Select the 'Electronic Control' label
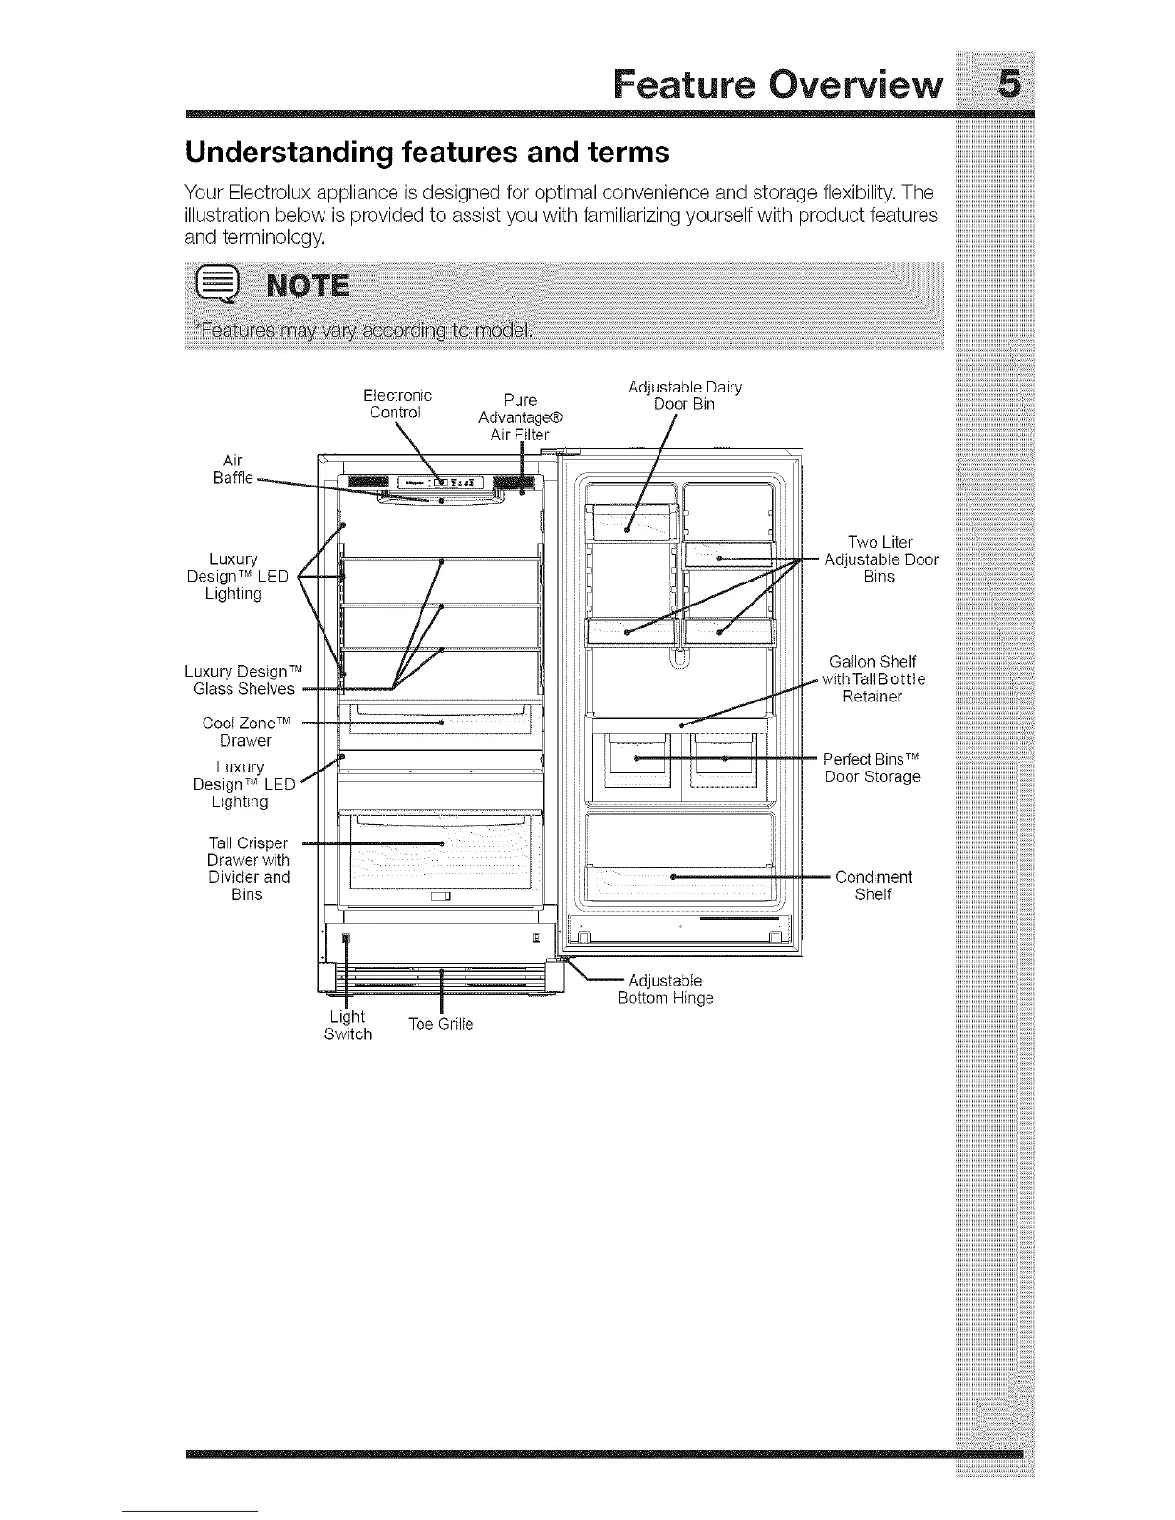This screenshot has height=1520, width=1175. click(x=397, y=404)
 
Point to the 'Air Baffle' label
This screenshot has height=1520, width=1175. click(x=234, y=469)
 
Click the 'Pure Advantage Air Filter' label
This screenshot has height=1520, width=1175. click(x=519, y=417)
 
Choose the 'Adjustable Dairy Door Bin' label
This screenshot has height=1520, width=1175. click(x=684, y=395)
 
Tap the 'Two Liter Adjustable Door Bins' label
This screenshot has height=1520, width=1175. click(x=880, y=559)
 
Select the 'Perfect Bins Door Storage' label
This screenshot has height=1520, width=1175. click(x=872, y=768)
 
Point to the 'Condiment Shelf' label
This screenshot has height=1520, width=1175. click(x=874, y=886)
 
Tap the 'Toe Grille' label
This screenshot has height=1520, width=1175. click(x=441, y=1024)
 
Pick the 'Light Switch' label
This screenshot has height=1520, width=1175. click(x=348, y=1025)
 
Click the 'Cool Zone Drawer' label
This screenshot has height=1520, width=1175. click(x=246, y=731)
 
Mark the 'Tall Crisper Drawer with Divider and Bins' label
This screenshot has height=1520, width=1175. click(x=248, y=868)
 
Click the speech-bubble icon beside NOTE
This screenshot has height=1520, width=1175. click(x=214, y=285)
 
